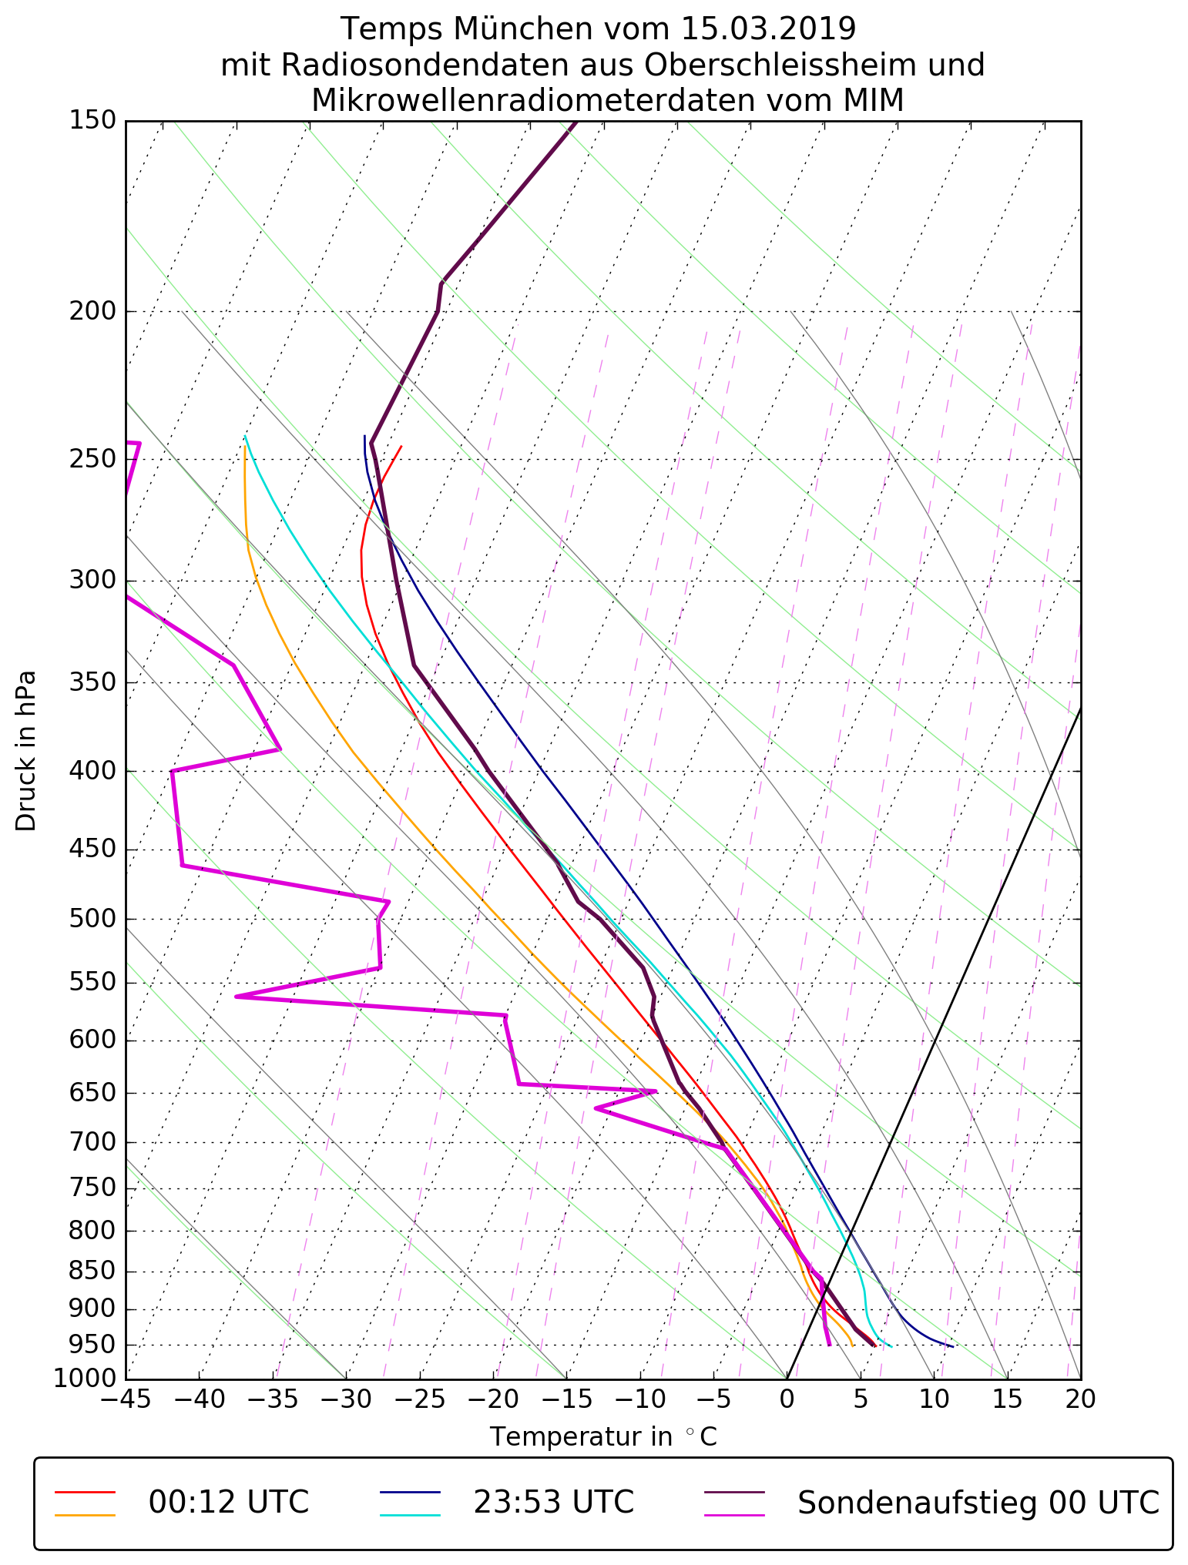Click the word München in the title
[523, 29]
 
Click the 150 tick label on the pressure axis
[92, 121]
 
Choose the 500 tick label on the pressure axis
[92, 919]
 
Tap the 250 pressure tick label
[92, 459]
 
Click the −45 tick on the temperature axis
[126, 1399]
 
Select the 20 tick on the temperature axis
[1080, 1399]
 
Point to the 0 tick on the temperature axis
[787, 1399]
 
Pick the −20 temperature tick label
[493, 1399]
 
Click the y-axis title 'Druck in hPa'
[26, 751]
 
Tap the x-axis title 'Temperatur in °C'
[603, 1437]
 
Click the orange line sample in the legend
[85, 1515]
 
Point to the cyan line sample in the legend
[410, 1515]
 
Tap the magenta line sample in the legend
[735, 1515]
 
